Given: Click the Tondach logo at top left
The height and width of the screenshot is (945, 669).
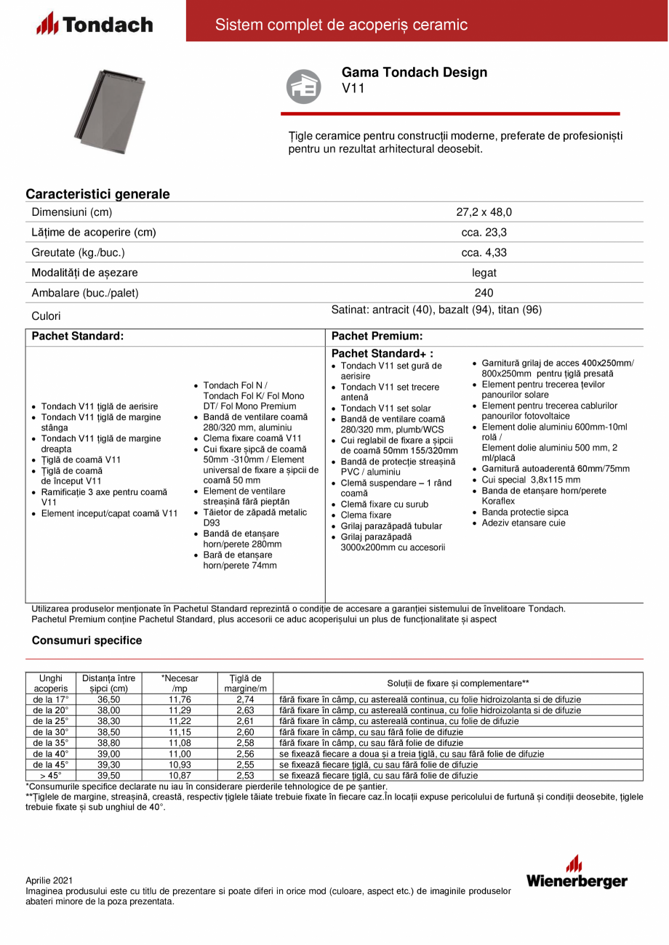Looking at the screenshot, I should pos(95,24).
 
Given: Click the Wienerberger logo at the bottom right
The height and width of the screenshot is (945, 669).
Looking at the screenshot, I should pos(576,872).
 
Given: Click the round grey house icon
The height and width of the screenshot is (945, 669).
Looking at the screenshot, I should pos(303,86).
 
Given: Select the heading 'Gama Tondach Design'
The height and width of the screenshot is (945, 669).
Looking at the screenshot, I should pos(414,72).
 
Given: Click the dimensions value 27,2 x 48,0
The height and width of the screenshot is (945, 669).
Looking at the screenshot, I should pos(484,212).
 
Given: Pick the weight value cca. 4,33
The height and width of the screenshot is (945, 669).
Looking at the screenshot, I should pos(484,253).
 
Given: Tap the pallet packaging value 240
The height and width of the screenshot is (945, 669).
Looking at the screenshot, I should pos(484,293).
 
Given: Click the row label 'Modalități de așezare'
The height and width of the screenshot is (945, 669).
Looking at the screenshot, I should pos(84,273).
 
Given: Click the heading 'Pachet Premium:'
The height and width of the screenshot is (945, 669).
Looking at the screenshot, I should pos(377,337).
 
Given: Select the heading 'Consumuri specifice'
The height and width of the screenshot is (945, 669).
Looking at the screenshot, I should pos(87,640).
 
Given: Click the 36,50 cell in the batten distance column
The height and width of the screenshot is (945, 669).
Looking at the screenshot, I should pos(108,699).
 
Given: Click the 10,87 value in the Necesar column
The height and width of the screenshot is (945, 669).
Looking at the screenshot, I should pos(179,776).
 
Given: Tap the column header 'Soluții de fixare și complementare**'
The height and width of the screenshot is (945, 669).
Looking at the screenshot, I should pos(457,683).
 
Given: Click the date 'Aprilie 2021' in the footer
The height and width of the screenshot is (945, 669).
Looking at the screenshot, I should pos(49,880).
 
